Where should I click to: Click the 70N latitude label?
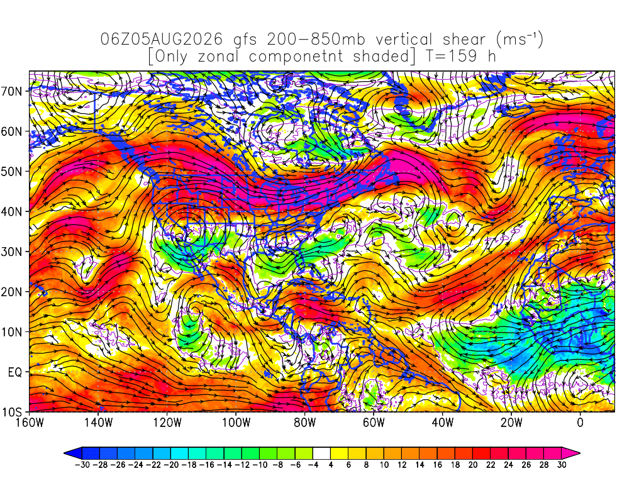pos(11,91)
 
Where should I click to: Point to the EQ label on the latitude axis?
pos(15,372)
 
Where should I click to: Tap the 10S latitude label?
pos(11,413)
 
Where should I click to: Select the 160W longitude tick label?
pos(30,422)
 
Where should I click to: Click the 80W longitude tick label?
pos(305,422)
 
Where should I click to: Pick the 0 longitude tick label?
pos(580,422)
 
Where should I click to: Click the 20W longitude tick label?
pos(511,422)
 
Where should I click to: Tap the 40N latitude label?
pos(11,212)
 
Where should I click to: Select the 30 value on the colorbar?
pos(562,465)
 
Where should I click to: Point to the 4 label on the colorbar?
pos(331,465)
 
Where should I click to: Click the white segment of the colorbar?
pos(321,453)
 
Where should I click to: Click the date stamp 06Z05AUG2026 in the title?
pos(162,40)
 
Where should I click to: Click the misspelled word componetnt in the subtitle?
pos(296,57)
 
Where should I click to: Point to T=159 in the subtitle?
pos(451,56)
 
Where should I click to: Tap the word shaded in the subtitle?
pos(381,56)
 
